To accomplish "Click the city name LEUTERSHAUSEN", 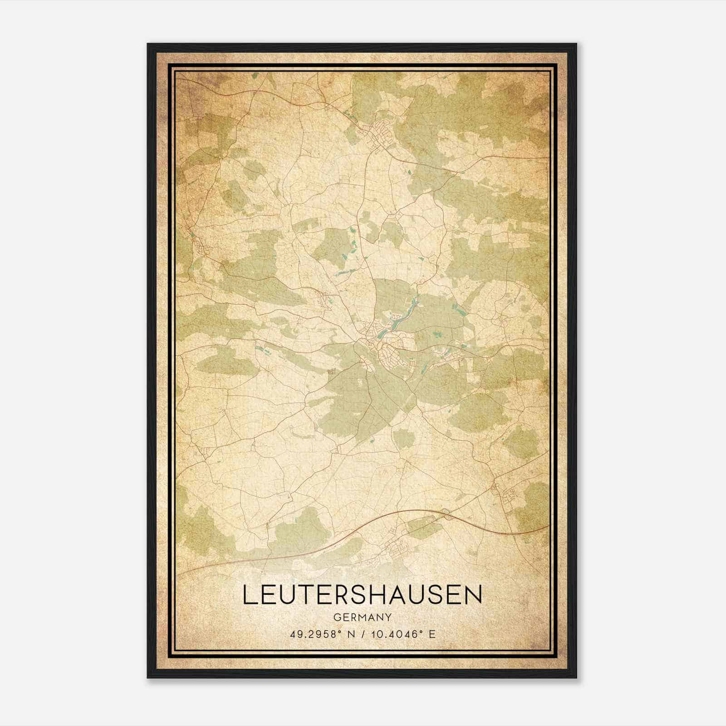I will [x=362, y=595].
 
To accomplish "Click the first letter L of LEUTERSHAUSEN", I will [x=249, y=595].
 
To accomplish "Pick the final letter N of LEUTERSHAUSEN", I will [x=474, y=595].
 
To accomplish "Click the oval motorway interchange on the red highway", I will [x=447, y=513].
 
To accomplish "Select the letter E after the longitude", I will [x=432, y=634].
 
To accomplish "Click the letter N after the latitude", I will [x=349, y=634].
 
